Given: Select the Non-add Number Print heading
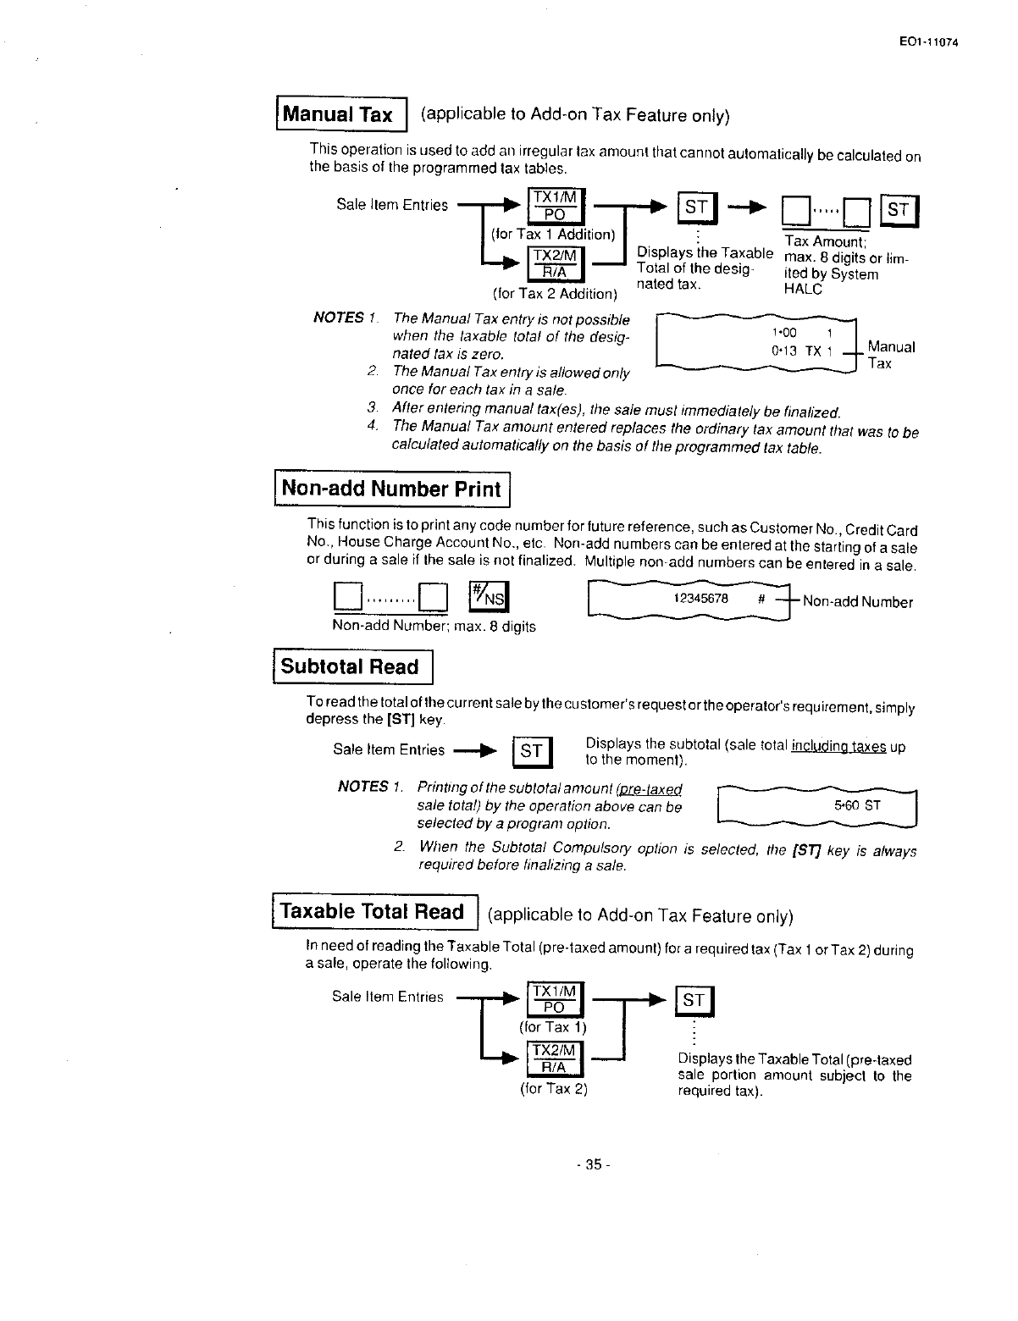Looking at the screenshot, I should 391,489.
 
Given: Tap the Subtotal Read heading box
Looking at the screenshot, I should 351,666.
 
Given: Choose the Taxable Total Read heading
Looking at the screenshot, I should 373,911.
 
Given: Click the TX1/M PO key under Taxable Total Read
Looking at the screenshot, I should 554,999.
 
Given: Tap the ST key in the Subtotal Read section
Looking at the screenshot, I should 531,750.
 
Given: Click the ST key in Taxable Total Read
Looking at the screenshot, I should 694,1001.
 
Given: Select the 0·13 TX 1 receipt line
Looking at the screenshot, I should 802,351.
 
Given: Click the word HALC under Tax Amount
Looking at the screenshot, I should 804,289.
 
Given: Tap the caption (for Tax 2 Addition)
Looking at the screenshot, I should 555,294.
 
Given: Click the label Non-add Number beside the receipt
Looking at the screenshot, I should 857,602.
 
